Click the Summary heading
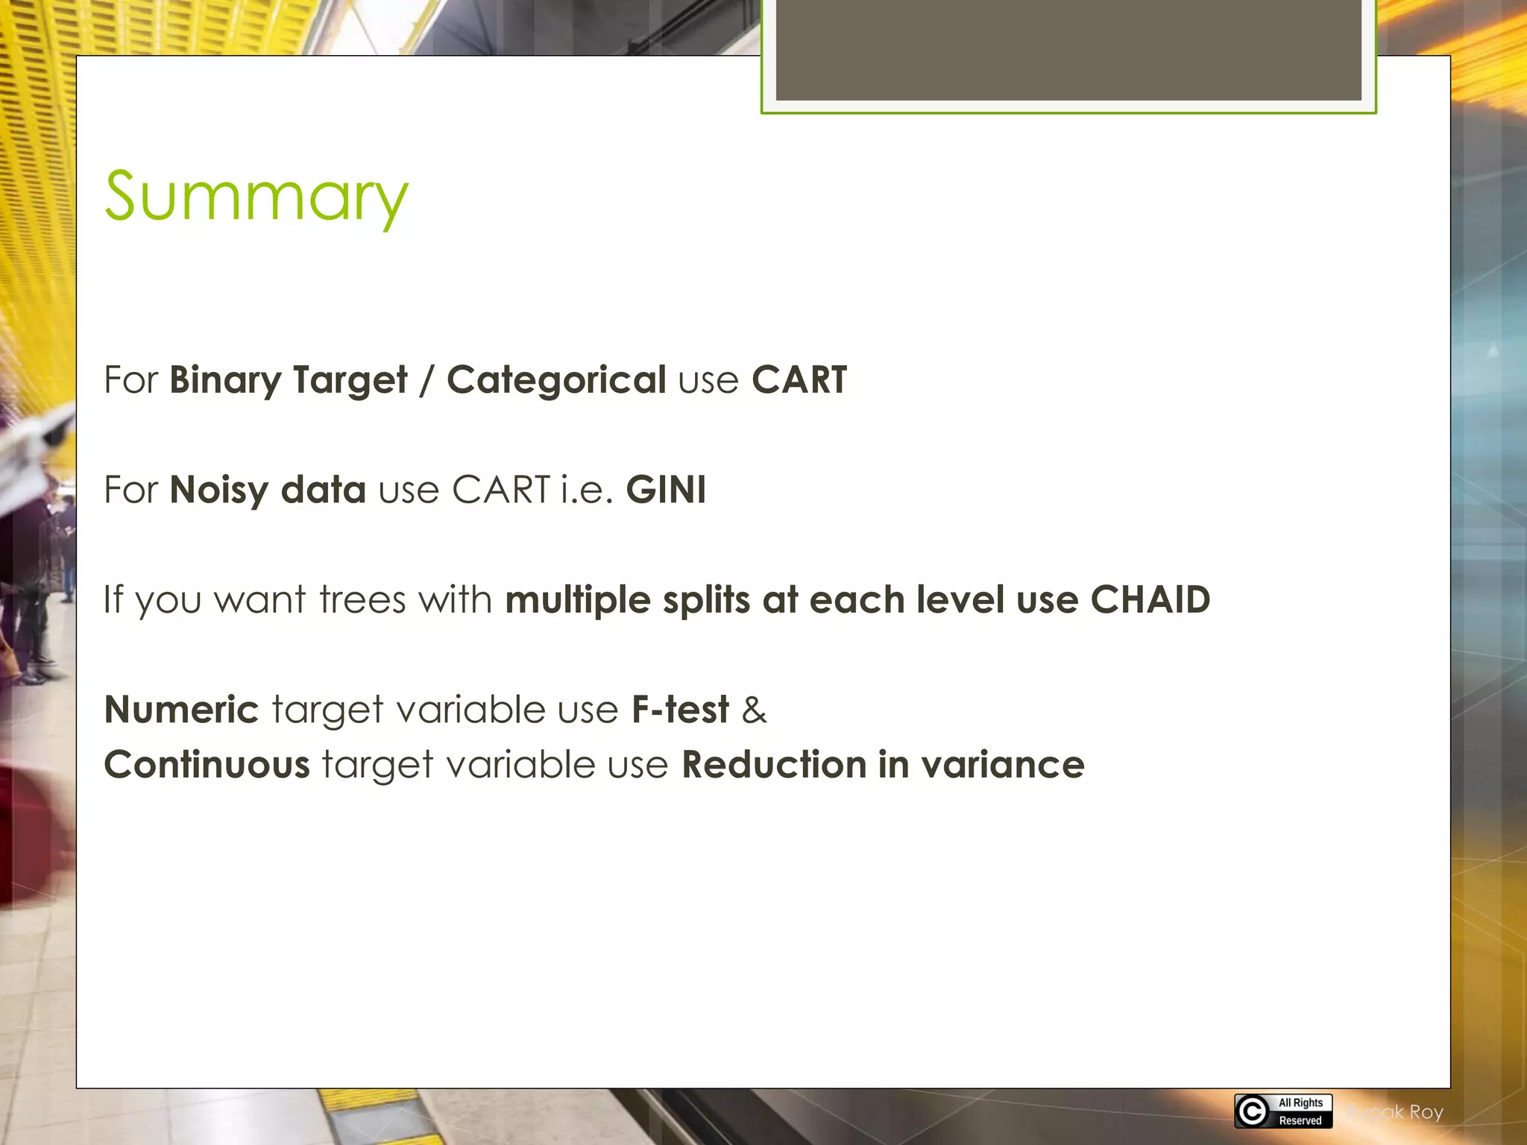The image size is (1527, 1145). (256, 197)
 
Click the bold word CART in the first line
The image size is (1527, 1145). (799, 380)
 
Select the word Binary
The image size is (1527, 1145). (224, 380)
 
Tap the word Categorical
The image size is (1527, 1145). (556, 380)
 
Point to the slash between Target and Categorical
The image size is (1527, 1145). (426, 380)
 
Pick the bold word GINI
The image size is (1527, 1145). (666, 490)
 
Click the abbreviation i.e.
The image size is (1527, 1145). (587, 490)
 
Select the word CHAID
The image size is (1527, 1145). (1150, 599)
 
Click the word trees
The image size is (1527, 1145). (362, 599)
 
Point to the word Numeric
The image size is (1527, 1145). (181, 709)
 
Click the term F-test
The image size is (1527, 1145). (680, 709)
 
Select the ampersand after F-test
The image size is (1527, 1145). (754, 709)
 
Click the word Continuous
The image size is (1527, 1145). (207, 765)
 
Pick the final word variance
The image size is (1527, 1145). (1002, 765)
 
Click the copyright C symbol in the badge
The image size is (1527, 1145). (1252, 1111)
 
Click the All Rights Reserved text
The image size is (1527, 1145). (1300, 1111)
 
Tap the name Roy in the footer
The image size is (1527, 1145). (1426, 1112)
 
